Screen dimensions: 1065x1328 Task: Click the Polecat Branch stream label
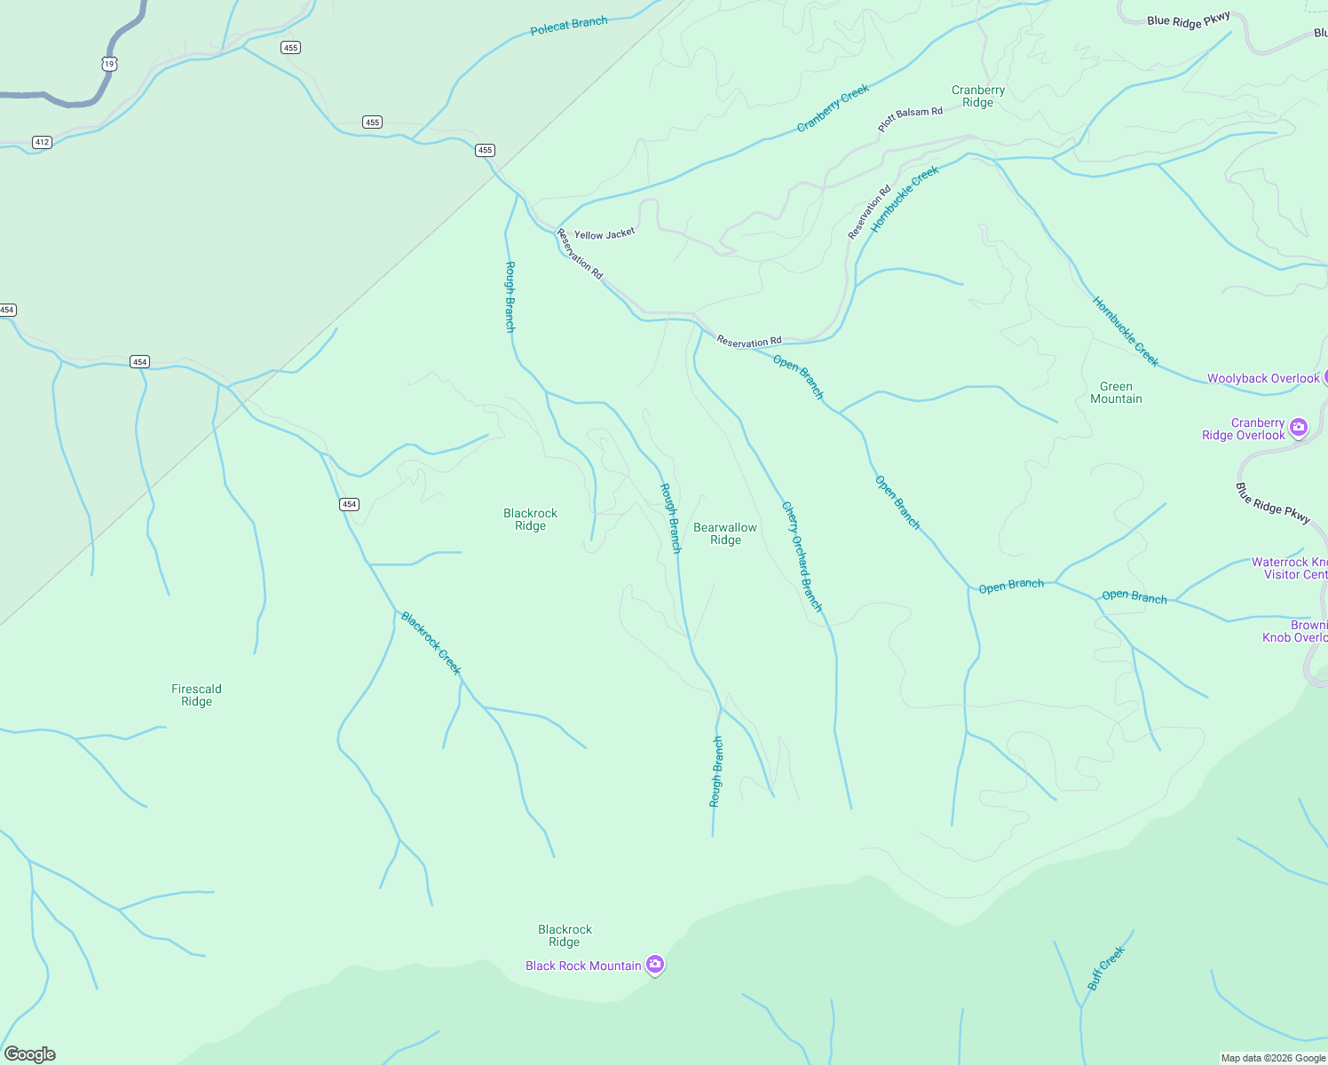[x=569, y=26]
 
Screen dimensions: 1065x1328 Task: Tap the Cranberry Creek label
[x=833, y=108]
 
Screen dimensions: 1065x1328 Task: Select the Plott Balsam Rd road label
[x=910, y=119]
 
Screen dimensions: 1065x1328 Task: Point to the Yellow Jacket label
[x=605, y=234]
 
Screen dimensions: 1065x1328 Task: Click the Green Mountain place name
[x=1116, y=392]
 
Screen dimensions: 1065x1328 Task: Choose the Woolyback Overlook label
[x=1263, y=379]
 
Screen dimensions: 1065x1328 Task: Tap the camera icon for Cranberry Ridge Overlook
[x=1299, y=428]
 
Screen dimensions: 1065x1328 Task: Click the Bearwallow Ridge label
[x=725, y=533]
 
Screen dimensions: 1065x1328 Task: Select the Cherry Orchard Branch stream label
[x=802, y=556]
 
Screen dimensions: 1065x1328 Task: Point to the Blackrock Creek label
[x=431, y=643]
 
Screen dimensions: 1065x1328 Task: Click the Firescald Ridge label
[x=196, y=695]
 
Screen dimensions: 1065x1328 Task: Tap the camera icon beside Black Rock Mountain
[x=655, y=964]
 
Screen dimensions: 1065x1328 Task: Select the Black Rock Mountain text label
[x=583, y=966]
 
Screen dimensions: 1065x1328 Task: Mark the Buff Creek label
[x=1106, y=968]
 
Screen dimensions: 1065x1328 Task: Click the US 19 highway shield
[x=109, y=64]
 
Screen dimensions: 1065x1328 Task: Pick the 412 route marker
[x=42, y=142]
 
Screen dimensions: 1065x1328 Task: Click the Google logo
[x=30, y=1054]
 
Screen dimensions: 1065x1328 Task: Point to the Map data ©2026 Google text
[x=1273, y=1058]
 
